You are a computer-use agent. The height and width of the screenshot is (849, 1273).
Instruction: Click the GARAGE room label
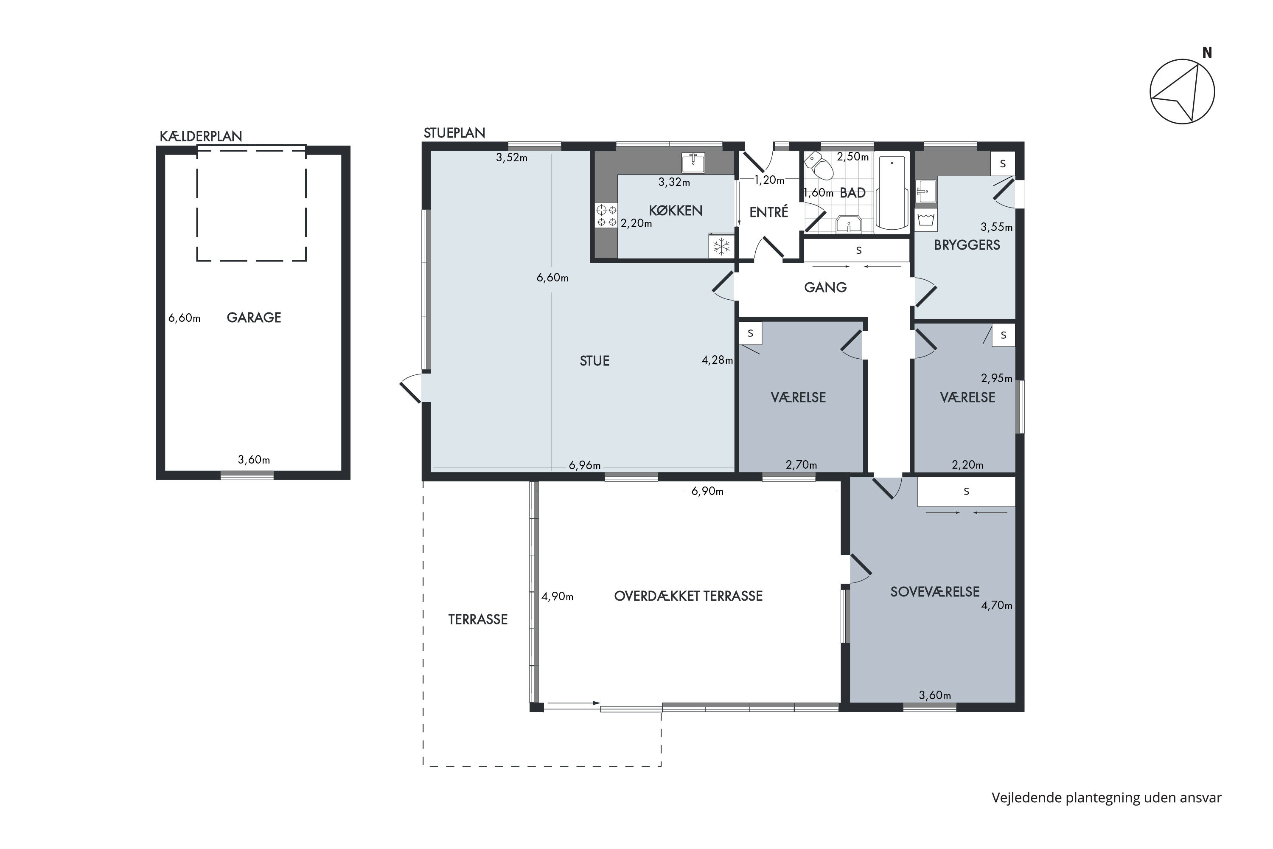pyautogui.click(x=253, y=318)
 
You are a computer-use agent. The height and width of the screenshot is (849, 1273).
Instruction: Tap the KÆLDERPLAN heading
pyautogui.click(x=201, y=136)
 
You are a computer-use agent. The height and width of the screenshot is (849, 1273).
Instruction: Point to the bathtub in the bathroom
pyautogui.click(x=892, y=193)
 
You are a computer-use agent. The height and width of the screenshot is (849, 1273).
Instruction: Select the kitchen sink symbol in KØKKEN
pyautogui.click(x=693, y=163)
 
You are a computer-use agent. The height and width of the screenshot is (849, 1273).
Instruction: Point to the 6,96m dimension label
pyautogui.click(x=585, y=466)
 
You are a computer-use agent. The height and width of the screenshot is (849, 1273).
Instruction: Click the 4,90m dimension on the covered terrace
pyautogui.click(x=558, y=597)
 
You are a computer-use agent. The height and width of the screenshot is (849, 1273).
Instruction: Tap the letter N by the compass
pyautogui.click(x=1206, y=53)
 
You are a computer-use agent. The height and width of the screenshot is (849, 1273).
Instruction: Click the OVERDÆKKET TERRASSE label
pyautogui.click(x=688, y=596)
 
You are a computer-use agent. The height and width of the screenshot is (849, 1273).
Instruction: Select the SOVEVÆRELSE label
pyautogui.click(x=935, y=592)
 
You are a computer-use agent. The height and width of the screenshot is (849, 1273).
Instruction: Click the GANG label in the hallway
pyautogui.click(x=825, y=287)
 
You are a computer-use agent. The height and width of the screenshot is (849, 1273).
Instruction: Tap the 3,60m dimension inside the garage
pyautogui.click(x=254, y=460)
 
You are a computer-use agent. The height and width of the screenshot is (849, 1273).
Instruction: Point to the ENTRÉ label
pyautogui.click(x=768, y=213)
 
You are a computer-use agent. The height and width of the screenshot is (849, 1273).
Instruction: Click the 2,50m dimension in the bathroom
pyautogui.click(x=852, y=157)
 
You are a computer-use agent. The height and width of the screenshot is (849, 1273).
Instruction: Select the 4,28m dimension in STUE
pyautogui.click(x=717, y=360)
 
